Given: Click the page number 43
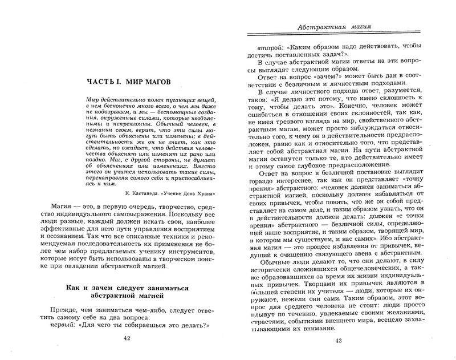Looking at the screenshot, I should (x=339, y=343).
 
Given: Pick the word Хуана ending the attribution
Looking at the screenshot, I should (x=208, y=193).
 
